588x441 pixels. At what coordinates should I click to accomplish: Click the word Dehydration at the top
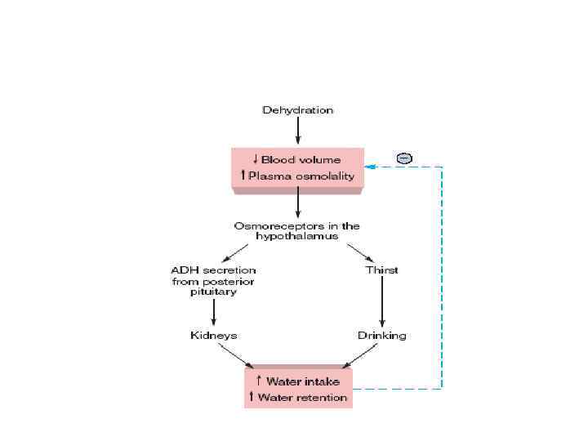click(297, 109)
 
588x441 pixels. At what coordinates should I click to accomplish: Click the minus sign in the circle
click(404, 158)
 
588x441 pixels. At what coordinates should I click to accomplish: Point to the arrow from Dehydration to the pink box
click(297, 130)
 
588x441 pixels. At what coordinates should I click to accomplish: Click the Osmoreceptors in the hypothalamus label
click(297, 231)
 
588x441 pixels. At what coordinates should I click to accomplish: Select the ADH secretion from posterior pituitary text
click(213, 281)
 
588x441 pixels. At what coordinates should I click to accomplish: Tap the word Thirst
click(381, 270)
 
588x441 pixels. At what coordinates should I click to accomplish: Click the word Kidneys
click(213, 335)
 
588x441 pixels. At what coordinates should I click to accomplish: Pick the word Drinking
click(381, 335)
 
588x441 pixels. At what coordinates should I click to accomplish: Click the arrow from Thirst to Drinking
click(381, 302)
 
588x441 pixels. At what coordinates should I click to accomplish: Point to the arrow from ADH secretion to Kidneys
click(213, 311)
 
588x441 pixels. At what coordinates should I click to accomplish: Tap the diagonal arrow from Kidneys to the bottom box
click(237, 354)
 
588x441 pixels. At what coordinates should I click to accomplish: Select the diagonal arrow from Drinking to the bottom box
click(359, 354)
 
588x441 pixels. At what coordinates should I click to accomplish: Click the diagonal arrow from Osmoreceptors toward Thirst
click(360, 252)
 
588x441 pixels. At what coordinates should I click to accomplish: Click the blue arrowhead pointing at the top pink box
click(370, 167)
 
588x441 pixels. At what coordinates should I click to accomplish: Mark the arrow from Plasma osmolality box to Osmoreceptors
click(297, 203)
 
